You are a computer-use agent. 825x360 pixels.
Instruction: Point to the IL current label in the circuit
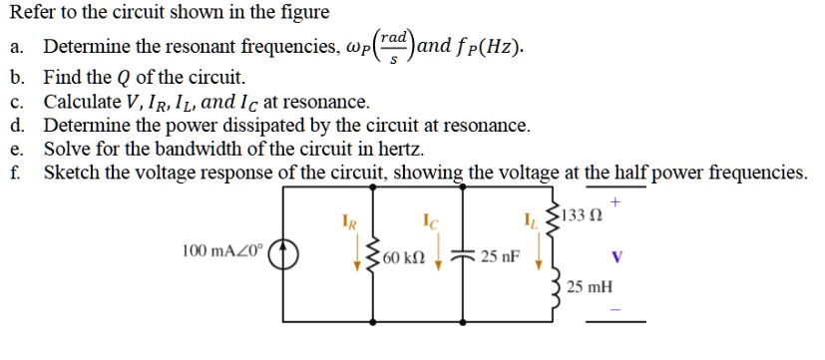click(x=528, y=218)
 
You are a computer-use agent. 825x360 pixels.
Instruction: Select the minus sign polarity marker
click(x=616, y=308)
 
